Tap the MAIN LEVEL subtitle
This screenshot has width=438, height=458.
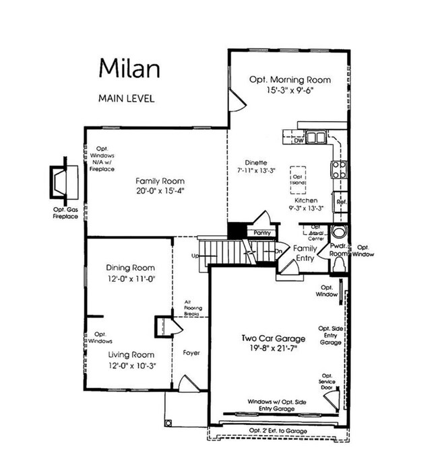(126, 98)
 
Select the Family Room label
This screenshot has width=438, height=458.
(160, 181)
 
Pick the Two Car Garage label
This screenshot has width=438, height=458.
(274, 338)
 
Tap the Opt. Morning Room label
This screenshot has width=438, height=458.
(290, 78)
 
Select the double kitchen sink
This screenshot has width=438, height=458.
(315, 138)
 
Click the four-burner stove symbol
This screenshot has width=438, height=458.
(337, 168)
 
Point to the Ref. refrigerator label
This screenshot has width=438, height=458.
(341, 202)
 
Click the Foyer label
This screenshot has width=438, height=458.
(191, 352)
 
